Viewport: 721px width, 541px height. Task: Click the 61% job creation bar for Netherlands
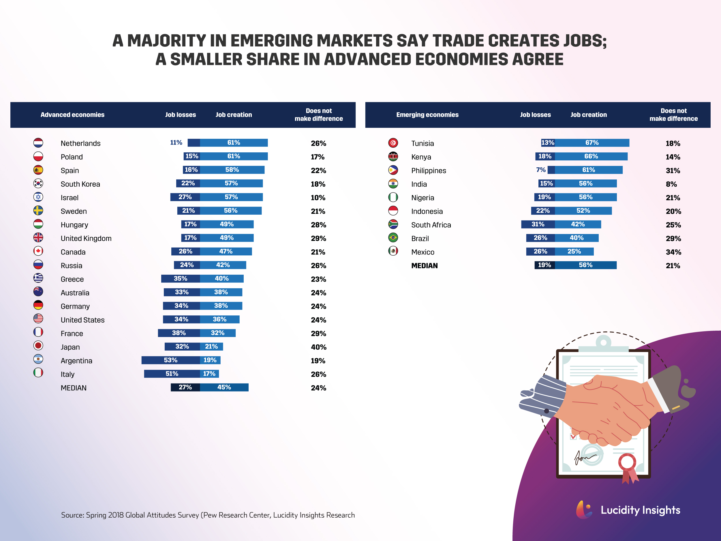point(234,143)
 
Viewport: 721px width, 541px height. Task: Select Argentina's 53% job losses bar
point(170,360)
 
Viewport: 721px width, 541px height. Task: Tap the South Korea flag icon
point(38,183)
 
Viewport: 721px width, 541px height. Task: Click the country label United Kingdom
point(86,238)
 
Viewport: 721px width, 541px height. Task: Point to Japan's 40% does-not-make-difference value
point(318,347)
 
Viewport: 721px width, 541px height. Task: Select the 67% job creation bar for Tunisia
point(592,143)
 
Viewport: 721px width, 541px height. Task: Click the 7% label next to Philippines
point(540,170)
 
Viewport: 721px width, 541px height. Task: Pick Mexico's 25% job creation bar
point(574,251)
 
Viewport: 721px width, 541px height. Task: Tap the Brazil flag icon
point(393,238)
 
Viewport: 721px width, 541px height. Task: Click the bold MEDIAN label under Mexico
point(425,266)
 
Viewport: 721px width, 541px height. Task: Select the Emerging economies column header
point(427,115)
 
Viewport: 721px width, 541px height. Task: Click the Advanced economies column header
point(72,115)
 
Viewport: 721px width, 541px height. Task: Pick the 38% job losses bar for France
point(179,333)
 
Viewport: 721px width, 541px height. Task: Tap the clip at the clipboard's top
point(603,344)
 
